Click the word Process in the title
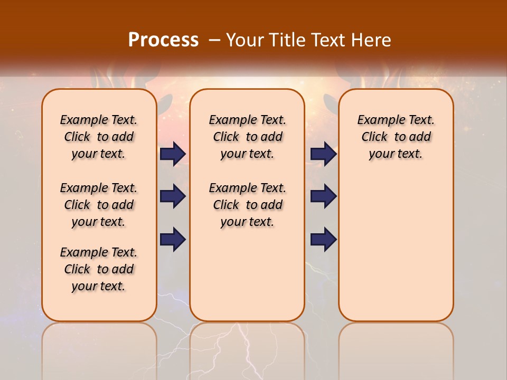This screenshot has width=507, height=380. point(163,40)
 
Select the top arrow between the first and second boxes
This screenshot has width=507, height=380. point(173,154)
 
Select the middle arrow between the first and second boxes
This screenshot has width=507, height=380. point(173,196)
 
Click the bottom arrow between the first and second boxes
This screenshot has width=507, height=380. point(173,239)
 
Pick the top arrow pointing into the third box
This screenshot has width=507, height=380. point(324,154)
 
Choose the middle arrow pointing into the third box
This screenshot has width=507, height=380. point(324,196)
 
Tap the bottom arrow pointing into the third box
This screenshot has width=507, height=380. point(324,239)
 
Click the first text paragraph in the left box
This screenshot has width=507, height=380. point(99,137)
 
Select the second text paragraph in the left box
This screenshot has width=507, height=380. point(99,205)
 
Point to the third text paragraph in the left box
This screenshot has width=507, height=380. point(99,269)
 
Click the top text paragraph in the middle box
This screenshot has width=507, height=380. point(247,137)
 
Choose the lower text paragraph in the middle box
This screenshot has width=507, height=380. point(247,205)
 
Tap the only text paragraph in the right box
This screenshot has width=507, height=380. point(396,137)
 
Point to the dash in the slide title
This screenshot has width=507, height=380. point(214,40)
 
